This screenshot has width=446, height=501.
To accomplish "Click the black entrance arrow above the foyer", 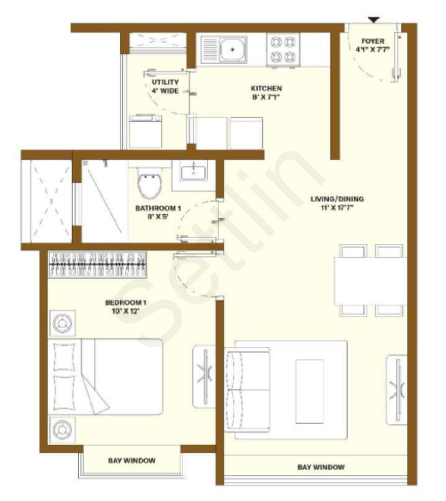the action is (374, 20).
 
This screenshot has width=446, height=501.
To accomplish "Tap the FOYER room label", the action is (373, 41).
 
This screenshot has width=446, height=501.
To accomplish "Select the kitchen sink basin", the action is (233, 50).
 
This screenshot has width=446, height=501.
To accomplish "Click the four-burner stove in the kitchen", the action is (283, 50).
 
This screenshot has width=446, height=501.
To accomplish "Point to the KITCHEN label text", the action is (266, 89).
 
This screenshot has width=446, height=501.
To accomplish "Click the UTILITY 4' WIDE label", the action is (165, 87).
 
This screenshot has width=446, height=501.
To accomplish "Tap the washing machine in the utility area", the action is (145, 131).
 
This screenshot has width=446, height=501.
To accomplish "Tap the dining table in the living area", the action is (370, 281).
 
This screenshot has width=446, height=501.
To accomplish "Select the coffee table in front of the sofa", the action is (310, 391).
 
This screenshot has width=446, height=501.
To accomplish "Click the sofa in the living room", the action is (247, 390).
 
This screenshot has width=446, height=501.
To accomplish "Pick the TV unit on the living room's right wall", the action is (397, 390).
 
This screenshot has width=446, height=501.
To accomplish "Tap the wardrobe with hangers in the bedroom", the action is (97, 265).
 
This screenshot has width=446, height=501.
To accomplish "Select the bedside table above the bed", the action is (62, 323).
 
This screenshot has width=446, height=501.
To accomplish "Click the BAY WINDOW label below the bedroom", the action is (132, 461).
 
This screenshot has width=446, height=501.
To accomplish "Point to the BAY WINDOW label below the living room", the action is (321, 467).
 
